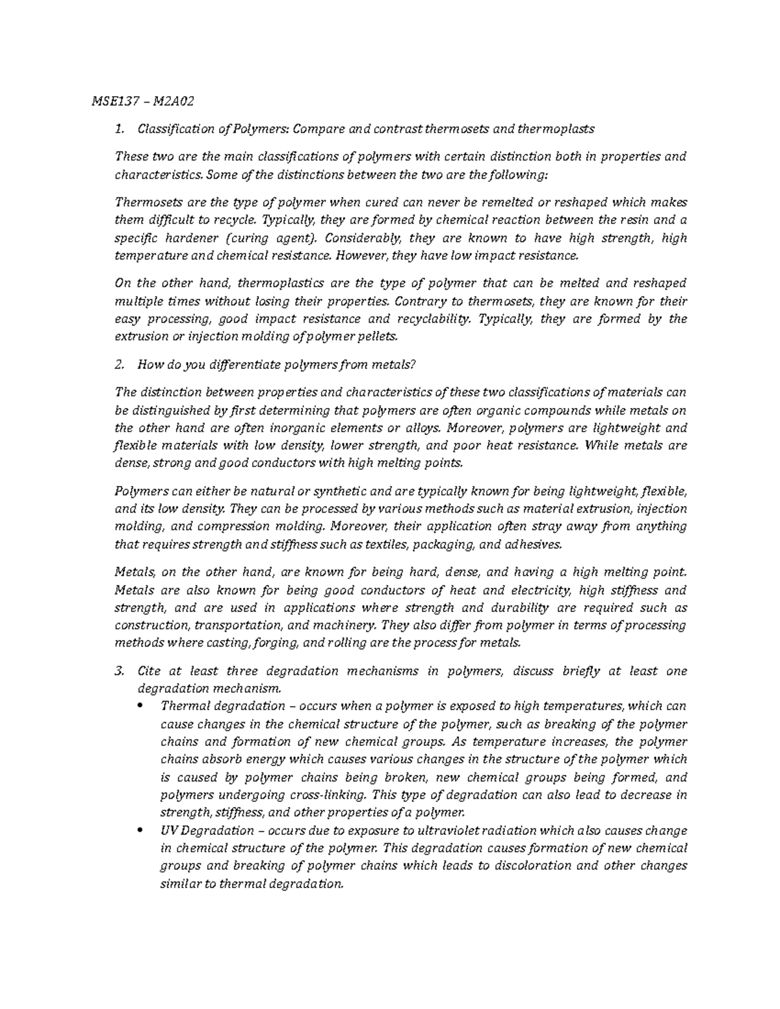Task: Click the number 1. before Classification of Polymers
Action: pos(118,129)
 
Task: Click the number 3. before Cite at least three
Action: pos(118,671)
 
